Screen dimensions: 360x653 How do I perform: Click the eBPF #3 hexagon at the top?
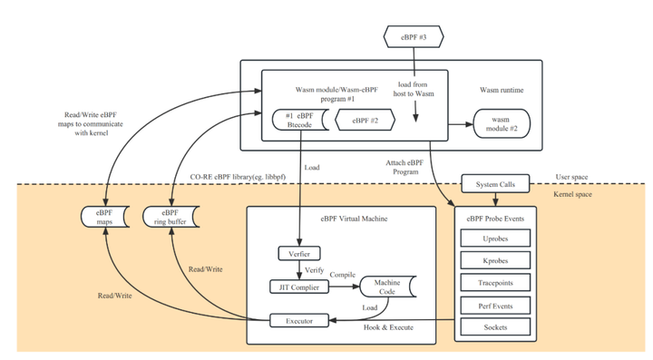(x=414, y=37)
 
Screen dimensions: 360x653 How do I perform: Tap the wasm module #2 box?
(x=501, y=124)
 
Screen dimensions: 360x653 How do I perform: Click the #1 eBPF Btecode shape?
(x=299, y=120)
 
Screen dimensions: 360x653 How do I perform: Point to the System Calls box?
(x=495, y=184)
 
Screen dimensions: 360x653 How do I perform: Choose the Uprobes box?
(x=495, y=239)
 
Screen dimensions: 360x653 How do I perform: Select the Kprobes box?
(x=495, y=261)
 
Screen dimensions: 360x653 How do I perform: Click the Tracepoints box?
(x=495, y=283)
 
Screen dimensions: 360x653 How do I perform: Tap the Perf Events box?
(x=495, y=306)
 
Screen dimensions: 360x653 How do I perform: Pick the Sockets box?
(x=495, y=326)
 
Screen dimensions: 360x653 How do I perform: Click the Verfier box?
(x=298, y=253)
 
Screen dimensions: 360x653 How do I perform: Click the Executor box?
(x=298, y=320)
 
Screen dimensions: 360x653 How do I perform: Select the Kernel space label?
(x=573, y=194)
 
